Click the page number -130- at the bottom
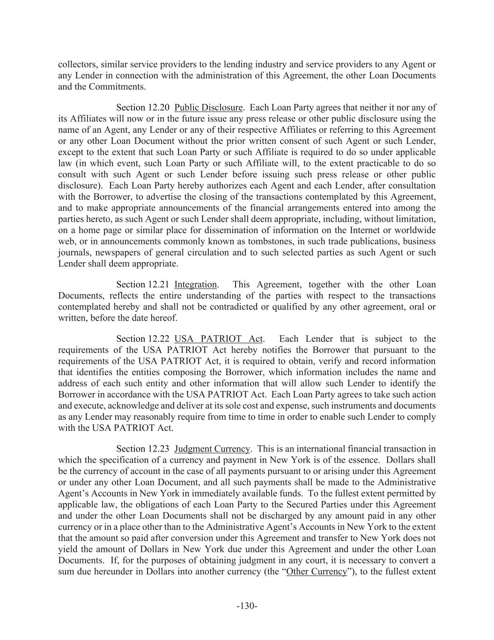tap(247, 606)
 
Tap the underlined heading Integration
tap(195, 285)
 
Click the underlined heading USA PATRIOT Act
tap(219, 339)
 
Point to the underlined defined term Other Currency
tap(317, 572)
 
